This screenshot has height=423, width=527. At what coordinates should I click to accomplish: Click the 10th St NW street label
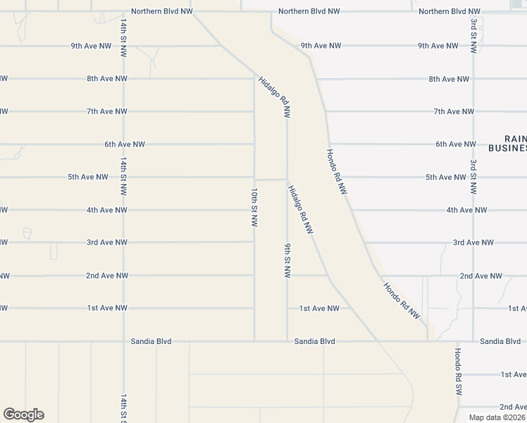254,207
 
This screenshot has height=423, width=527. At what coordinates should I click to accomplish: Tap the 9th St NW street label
287,260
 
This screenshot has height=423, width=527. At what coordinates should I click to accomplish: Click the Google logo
23,415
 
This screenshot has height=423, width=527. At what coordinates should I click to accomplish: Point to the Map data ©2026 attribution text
497,417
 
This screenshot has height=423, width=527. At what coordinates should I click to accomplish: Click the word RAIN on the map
516,139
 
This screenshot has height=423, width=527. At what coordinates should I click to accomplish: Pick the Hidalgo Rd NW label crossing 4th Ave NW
300,209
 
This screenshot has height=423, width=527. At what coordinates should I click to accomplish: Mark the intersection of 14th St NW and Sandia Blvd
123,341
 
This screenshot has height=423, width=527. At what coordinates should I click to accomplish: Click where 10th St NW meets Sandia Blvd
254,341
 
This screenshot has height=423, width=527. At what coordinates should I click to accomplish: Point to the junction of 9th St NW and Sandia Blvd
287,341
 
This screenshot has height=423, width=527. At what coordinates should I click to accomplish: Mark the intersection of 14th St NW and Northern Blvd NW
123,12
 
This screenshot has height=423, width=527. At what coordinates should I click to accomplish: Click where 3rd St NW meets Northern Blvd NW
473,12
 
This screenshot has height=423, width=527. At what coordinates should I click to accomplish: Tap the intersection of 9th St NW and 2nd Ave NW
287,276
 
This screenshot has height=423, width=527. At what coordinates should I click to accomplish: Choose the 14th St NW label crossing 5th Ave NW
123,176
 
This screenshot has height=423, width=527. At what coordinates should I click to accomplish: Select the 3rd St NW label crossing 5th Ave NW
473,176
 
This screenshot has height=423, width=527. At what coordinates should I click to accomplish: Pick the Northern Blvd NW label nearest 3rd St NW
449,12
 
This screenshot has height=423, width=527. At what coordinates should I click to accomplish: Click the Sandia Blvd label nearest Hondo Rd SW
500,341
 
